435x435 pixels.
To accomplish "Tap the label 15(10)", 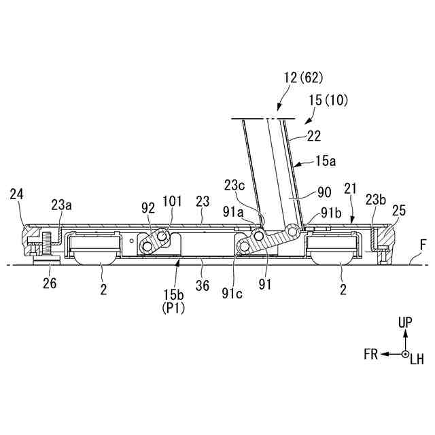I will coord(328,101).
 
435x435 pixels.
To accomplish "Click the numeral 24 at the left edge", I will coord(16,194).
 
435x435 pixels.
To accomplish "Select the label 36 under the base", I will coord(202,287).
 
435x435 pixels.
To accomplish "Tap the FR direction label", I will coord(370,354).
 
